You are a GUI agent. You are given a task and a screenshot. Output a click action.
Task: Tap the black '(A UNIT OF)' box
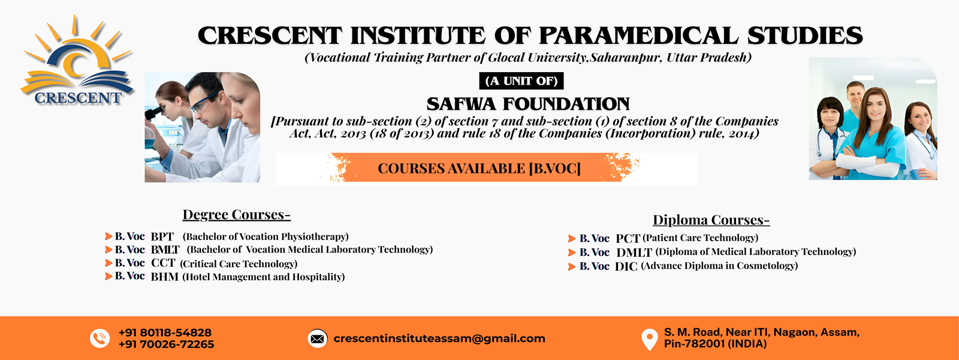pyautogui.click(x=521, y=80)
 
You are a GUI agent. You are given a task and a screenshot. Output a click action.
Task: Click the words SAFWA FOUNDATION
pyautogui.click(x=528, y=104)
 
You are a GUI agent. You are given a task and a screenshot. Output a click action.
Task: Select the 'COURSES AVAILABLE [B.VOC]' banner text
pyautogui.click(x=479, y=169)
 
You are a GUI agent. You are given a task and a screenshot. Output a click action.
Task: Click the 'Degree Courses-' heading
pyautogui.click(x=236, y=214)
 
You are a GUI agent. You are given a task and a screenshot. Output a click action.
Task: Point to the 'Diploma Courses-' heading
pyautogui.click(x=711, y=220)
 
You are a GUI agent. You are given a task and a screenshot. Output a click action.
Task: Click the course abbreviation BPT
pyautogui.click(x=162, y=236)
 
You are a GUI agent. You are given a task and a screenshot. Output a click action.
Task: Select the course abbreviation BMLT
pyautogui.click(x=165, y=250)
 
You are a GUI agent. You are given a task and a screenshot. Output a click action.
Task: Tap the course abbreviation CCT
pyautogui.click(x=163, y=263)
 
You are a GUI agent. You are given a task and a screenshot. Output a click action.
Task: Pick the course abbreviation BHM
pyautogui.click(x=164, y=277)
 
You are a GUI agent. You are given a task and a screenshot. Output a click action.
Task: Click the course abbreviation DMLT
pyautogui.click(x=634, y=253)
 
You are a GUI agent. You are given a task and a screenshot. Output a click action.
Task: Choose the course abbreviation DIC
pyautogui.click(x=626, y=266)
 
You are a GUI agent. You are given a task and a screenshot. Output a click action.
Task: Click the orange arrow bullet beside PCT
pyautogui.click(x=572, y=238)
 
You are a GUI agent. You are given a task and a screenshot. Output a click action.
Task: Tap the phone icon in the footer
pyautogui.click(x=99, y=338)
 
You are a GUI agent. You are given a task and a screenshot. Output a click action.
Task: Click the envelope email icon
pyautogui.click(x=318, y=339)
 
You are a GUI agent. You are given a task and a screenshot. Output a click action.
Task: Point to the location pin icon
pyautogui.click(x=650, y=340)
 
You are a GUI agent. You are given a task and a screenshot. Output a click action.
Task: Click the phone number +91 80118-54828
pyautogui.click(x=165, y=332)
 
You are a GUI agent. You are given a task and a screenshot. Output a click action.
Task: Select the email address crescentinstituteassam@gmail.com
pyautogui.click(x=439, y=338)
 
